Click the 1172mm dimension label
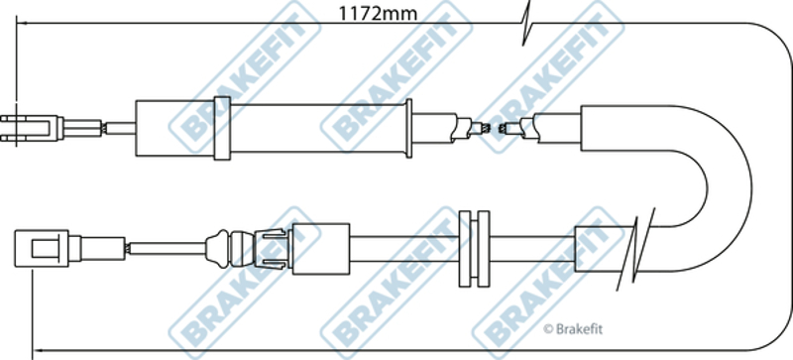coord(378,14)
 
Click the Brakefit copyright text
coord(573,329)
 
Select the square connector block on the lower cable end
coord(42,248)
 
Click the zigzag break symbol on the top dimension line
coord(526,23)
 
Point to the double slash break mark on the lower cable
coord(635,249)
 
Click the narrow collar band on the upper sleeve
coord(222,129)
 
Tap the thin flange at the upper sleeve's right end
coord(408,129)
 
